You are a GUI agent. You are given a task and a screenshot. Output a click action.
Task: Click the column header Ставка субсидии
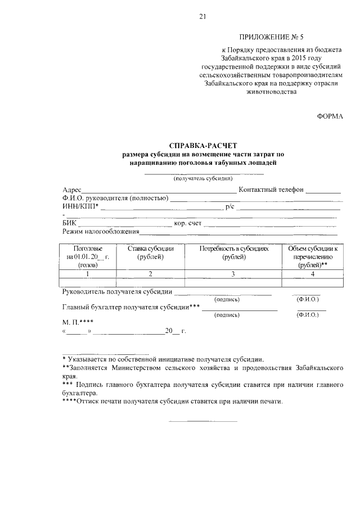(150, 249)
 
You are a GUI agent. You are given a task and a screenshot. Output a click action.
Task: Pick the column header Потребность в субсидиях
(233, 249)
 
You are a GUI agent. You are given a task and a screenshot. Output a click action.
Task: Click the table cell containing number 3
(233, 274)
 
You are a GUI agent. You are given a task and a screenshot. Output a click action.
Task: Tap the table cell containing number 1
(88, 274)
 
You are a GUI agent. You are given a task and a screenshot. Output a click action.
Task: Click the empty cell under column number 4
(312, 282)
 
